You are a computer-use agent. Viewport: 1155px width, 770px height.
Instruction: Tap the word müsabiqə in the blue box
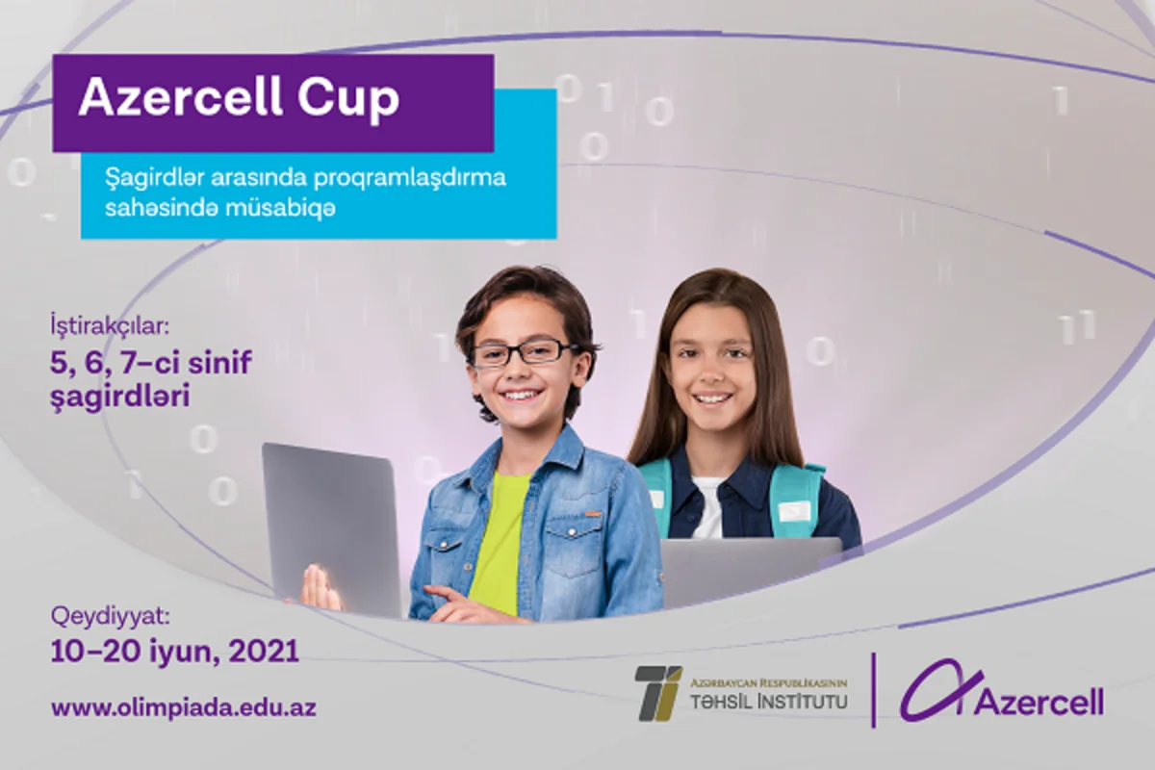(x=290, y=207)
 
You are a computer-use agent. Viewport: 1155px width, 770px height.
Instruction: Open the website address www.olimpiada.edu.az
(x=184, y=708)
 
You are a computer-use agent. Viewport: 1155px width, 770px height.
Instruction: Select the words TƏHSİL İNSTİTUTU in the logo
(x=768, y=702)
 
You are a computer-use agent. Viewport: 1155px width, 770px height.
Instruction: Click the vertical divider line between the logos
(x=873, y=689)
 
